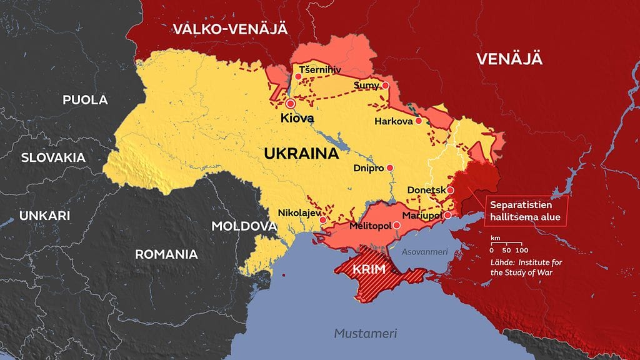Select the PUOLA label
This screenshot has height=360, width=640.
[x=85, y=99]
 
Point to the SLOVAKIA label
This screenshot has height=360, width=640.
[x=53, y=157]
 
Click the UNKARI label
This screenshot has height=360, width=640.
[x=44, y=216]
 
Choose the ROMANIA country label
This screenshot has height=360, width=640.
[x=166, y=254]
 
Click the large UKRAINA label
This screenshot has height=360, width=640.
[x=301, y=153]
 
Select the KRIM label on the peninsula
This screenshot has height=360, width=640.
[x=368, y=269]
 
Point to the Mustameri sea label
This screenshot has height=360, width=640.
[x=365, y=332]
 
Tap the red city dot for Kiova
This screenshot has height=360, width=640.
[x=290, y=104]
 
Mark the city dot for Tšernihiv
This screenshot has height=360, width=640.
[x=298, y=77]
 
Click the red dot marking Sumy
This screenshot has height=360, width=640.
[x=386, y=85]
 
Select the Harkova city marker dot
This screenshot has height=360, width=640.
[x=419, y=121]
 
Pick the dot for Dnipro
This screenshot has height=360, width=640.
[x=390, y=167]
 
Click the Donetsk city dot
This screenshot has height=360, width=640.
[x=450, y=189]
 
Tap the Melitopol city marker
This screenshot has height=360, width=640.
[x=396, y=224]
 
